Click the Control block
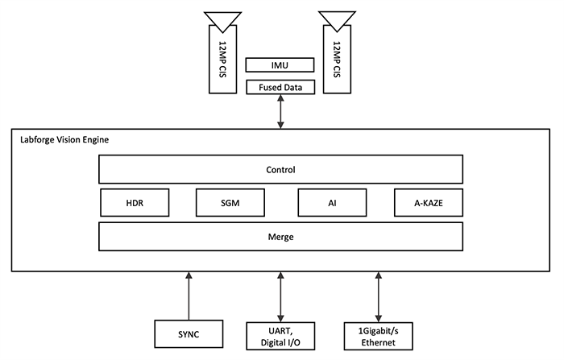pos(280,170)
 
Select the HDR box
pos(135,203)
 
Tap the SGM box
pos(230,203)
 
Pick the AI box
pos(331,203)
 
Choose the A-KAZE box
pos(429,203)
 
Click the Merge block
pos(280,237)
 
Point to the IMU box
pos(280,64)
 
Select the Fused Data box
pos(280,86)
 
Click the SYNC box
pos(188,334)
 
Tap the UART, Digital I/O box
pos(280,334)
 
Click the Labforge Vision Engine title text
pos(64,140)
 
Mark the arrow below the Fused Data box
pos(280,111)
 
